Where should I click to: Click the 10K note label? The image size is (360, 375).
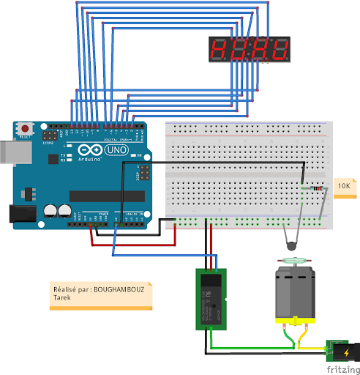coord(345,187)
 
